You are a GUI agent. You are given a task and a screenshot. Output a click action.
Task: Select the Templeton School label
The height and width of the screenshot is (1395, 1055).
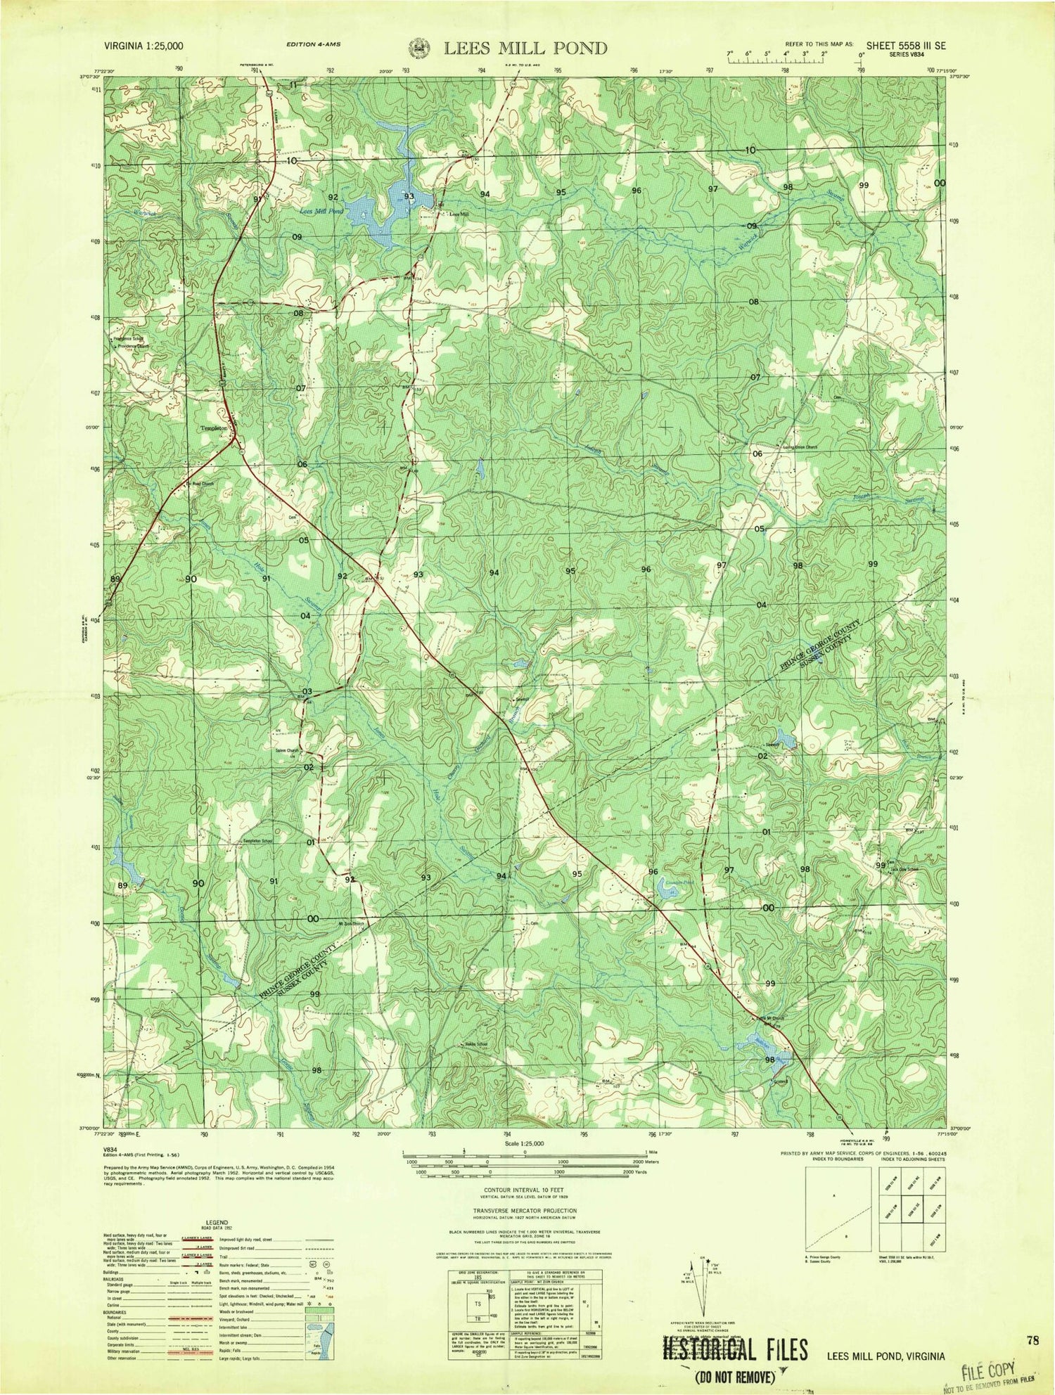pyautogui.click(x=258, y=841)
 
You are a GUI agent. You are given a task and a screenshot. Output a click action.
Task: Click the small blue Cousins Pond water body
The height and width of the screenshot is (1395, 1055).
pyautogui.click(x=664, y=892)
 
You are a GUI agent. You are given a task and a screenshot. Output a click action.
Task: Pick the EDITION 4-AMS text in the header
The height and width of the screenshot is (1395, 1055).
pyautogui.click(x=314, y=44)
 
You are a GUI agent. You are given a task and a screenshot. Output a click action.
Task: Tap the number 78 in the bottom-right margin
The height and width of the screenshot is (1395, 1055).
pyautogui.click(x=1031, y=1340)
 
